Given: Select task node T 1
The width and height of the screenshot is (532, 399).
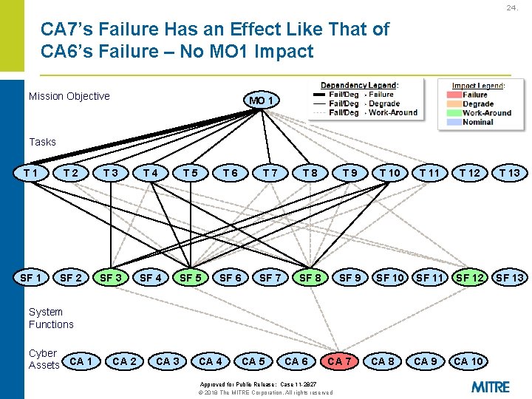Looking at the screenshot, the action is (31, 173).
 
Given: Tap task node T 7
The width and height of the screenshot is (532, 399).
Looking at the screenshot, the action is (270, 173).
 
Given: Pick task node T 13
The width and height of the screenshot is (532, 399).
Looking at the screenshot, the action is (509, 173).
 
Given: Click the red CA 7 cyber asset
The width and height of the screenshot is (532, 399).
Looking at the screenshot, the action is (339, 361).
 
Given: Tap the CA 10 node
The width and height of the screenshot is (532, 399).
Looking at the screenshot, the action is (468, 361).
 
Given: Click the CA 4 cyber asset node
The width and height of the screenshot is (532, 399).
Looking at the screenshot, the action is (211, 361).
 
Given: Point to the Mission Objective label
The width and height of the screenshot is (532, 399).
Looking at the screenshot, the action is (69, 96).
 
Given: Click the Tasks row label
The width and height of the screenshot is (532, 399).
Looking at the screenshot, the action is (42, 142).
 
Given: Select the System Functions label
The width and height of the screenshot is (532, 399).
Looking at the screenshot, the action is (51, 318).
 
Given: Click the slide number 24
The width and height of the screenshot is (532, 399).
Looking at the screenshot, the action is (511, 8).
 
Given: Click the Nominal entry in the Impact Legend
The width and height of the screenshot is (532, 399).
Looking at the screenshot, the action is (477, 122).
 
